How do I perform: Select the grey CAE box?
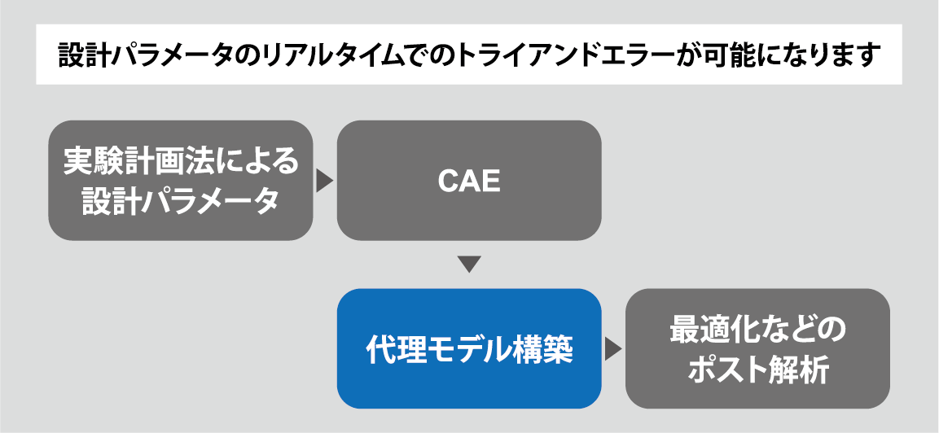point(469,181)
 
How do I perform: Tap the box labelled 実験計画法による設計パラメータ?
point(181,181)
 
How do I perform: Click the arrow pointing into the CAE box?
point(325,181)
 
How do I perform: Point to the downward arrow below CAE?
point(470,265)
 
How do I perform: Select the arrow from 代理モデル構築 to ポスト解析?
point(613,349)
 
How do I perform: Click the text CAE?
point(469,181)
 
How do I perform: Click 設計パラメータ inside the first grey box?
point(181,200)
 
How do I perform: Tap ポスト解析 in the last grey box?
point(758,370)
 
